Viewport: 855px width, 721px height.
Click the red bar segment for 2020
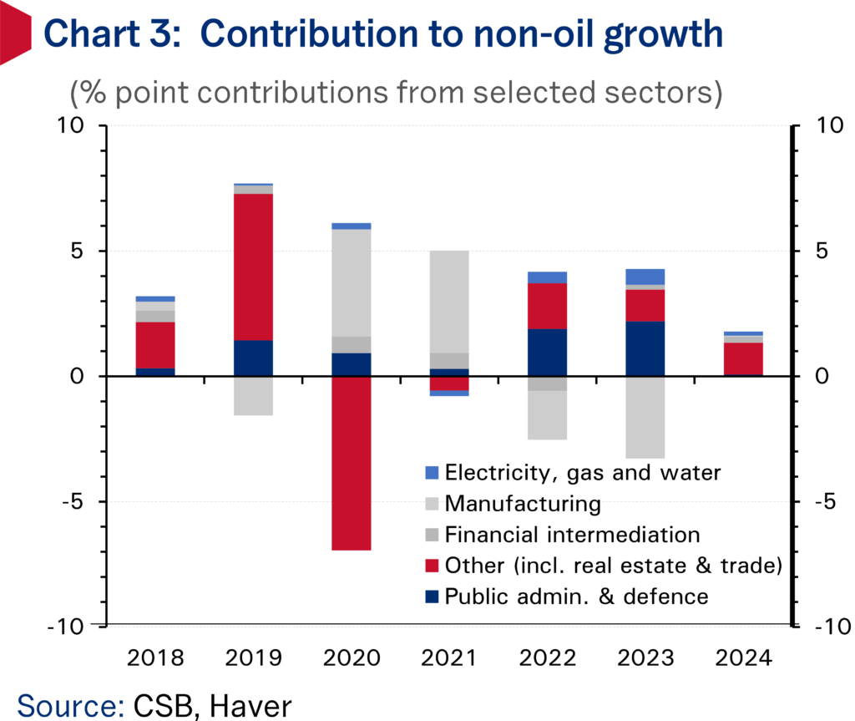pos(352,463)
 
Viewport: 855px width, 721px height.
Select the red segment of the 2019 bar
pos(254,267)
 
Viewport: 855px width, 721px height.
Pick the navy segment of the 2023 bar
pos(646,348)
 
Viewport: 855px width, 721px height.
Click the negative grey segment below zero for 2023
pos(646,417)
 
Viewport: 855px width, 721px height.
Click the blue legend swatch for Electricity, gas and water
pos(431,473)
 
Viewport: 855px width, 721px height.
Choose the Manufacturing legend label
pos(523,504)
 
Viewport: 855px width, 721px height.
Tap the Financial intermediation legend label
pos(572,535)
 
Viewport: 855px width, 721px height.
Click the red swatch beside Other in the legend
pos(431,566)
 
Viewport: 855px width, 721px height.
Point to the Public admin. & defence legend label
pos(576,597)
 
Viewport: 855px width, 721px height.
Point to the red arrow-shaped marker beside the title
pos(15,35)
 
